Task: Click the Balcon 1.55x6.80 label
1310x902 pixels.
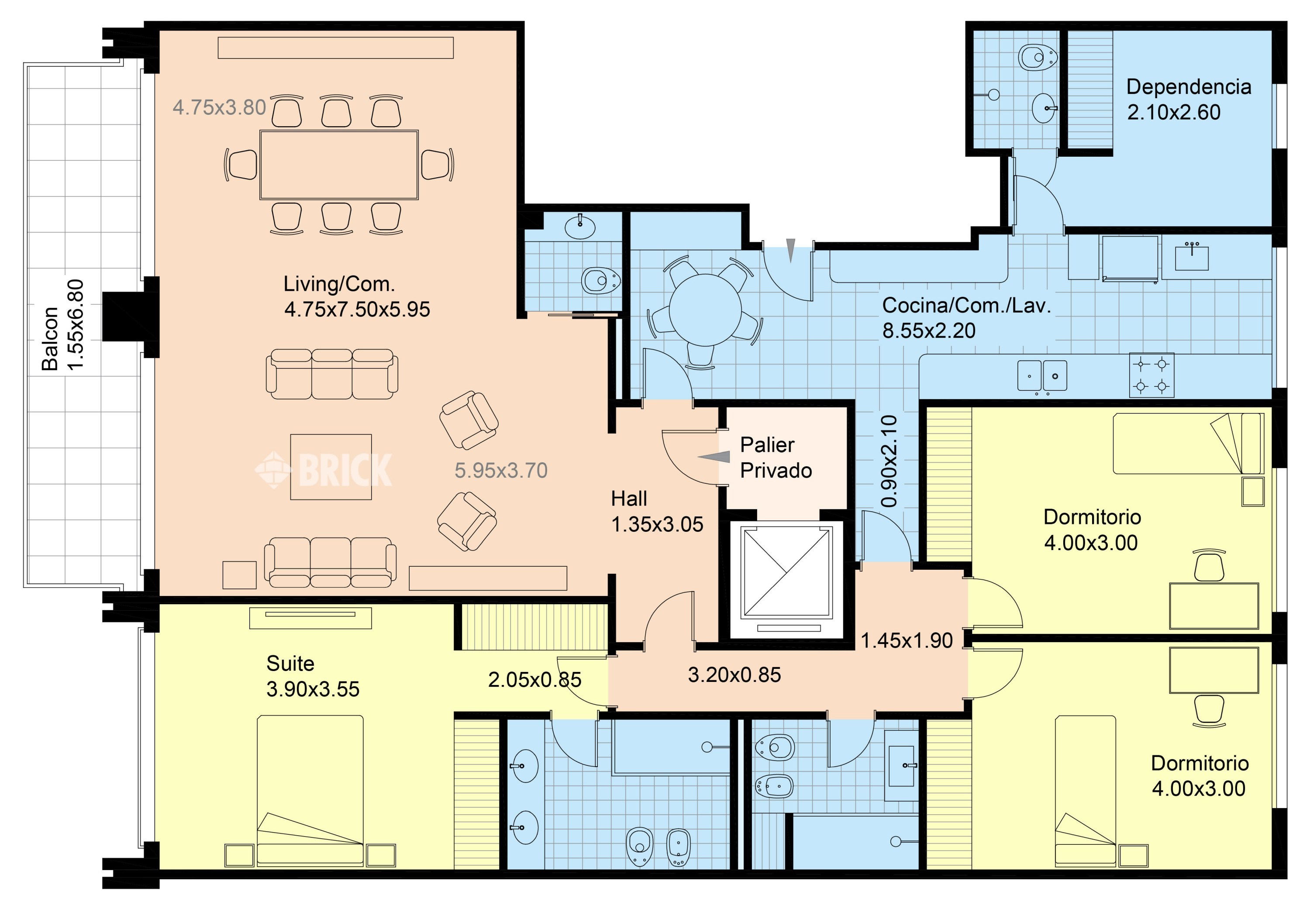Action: [x=63, y=325]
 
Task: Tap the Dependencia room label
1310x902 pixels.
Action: [x=1189, y=86]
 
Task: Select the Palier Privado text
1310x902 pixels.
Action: [x=776, y=458]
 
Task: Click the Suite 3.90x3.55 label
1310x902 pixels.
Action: [x=313, y=676]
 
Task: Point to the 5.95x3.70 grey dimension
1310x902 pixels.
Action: [x=501, y=470]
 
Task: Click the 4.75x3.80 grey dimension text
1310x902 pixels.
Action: [x=219, y=107]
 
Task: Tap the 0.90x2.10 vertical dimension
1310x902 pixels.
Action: [x=889, y=461]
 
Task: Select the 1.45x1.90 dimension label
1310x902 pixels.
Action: [x=907, y=640]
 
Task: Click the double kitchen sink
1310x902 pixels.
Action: [x=1042, y=376]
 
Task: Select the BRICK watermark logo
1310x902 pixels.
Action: [x=323, y=470]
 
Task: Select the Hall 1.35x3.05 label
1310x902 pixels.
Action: [x=657, y=512]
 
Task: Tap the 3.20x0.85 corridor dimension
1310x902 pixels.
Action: [x=734, y=675]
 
